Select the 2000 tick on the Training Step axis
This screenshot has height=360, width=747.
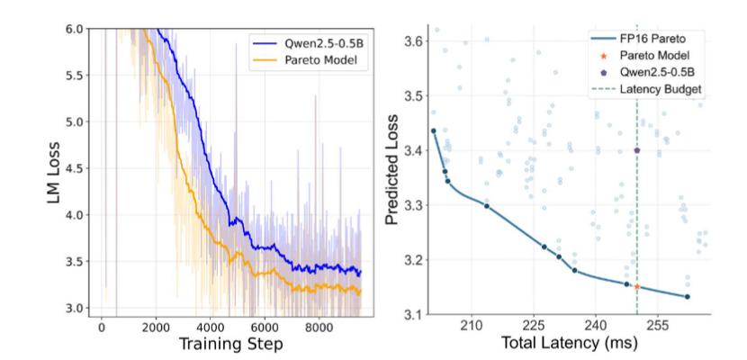coord(157,324)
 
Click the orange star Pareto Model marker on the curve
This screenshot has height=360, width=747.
coord(637,287)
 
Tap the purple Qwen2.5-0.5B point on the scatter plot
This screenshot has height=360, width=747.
coord(637,150)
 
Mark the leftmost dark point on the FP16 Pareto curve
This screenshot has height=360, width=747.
coord(433,130)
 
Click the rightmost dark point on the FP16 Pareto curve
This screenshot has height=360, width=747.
coord(688,297)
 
